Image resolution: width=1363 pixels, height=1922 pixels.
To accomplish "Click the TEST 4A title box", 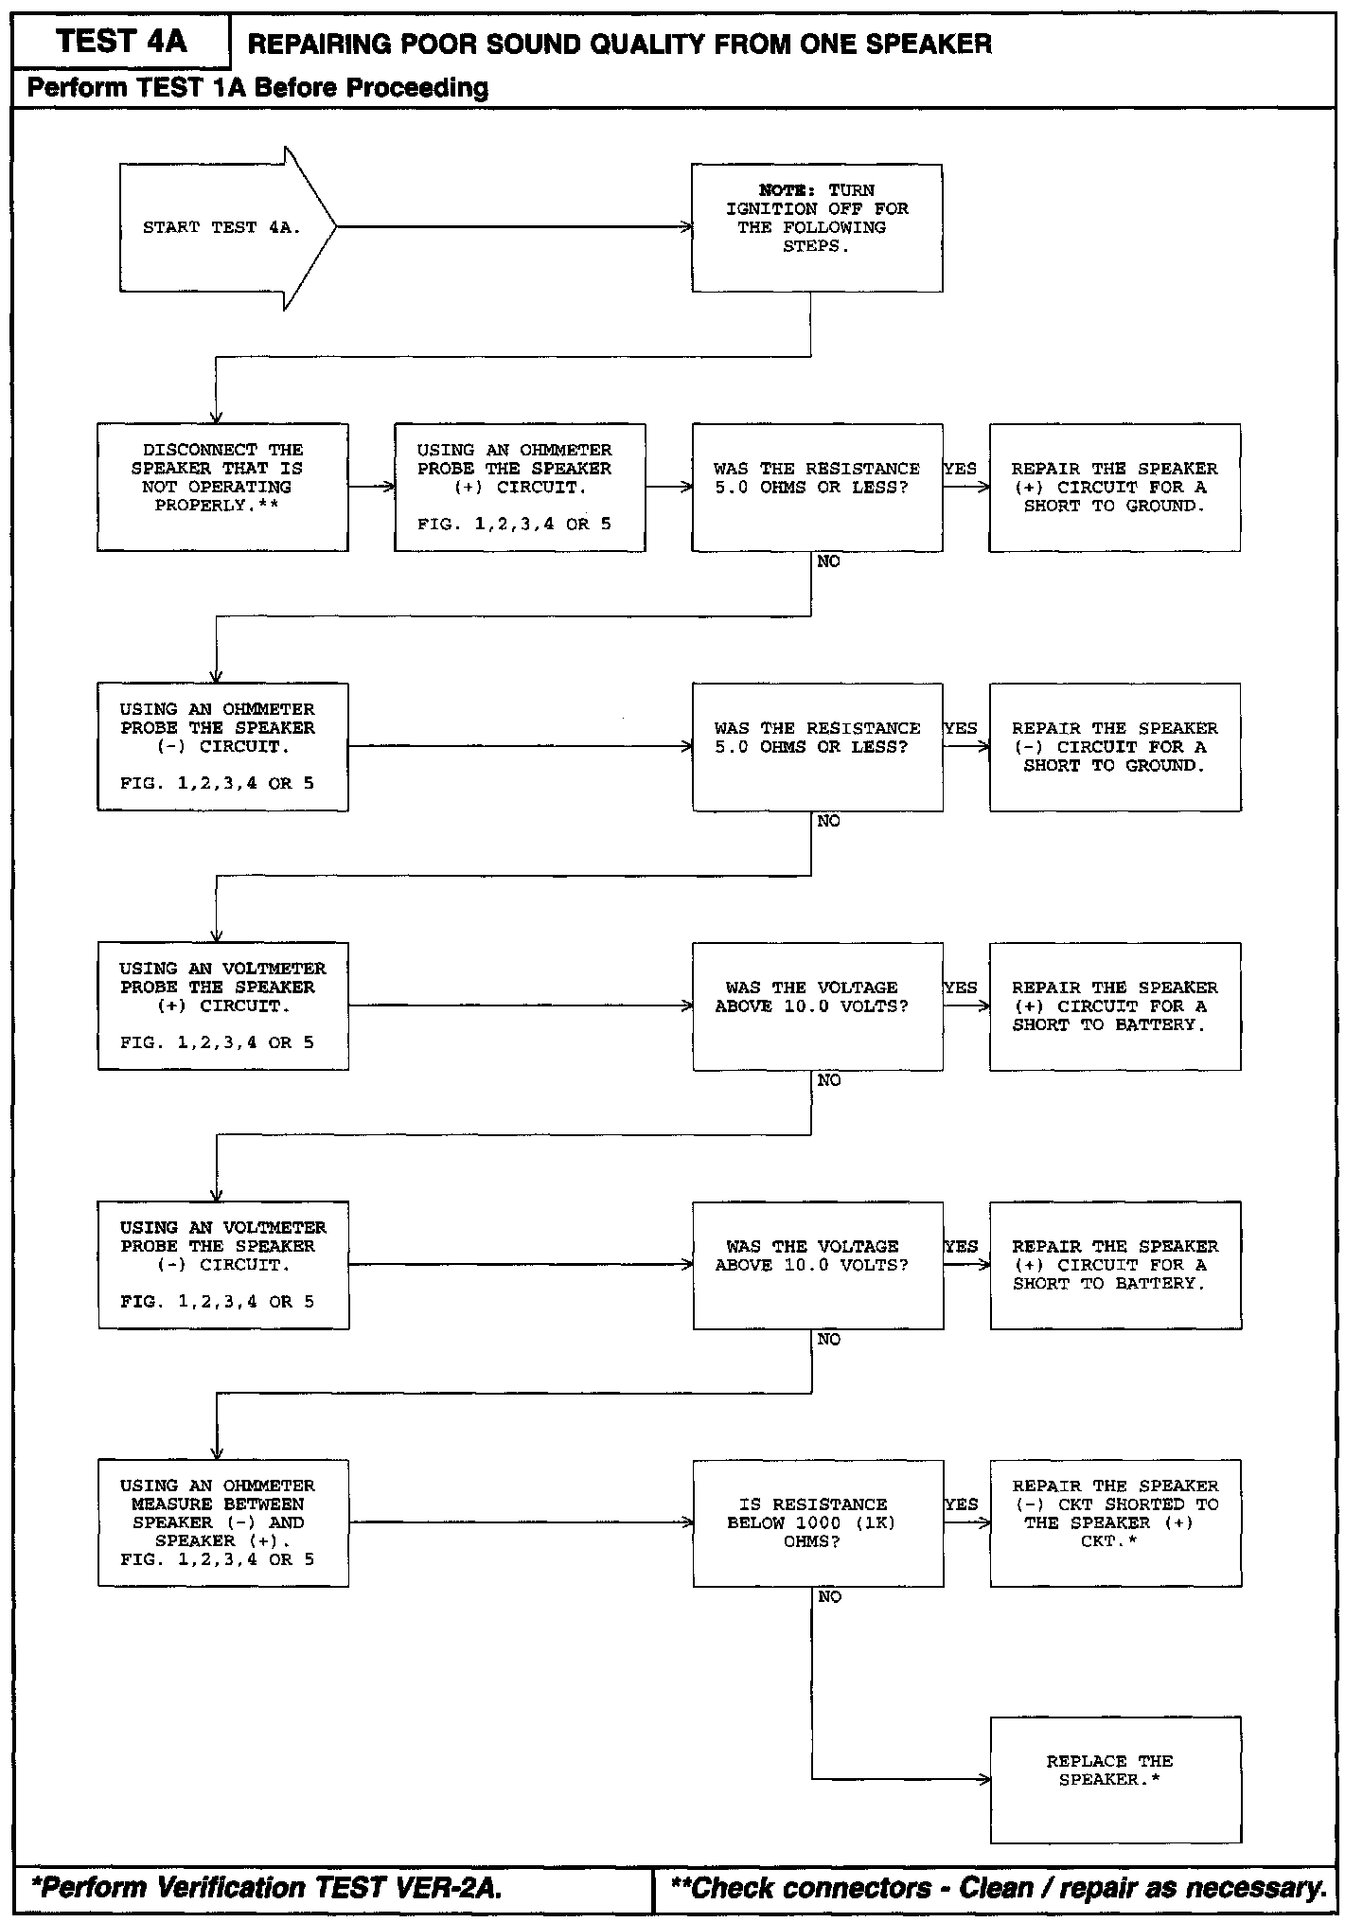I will [121, 42].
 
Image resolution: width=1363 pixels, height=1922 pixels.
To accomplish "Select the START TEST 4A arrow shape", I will [222, 228].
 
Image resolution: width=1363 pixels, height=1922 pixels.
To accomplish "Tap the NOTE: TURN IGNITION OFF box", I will [817, 228].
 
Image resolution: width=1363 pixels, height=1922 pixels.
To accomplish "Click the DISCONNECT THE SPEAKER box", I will [222, 487].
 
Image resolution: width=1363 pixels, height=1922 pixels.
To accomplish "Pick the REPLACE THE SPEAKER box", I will [1115, 1779].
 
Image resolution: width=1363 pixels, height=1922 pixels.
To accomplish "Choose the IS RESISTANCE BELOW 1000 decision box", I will [818, 1522].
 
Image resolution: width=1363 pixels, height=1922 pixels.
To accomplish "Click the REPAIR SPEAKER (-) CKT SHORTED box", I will [1115, 1522].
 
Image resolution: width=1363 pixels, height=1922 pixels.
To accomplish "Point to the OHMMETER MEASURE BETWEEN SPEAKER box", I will [223, 1522].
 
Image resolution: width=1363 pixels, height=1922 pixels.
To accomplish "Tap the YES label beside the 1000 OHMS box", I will [961, 1504].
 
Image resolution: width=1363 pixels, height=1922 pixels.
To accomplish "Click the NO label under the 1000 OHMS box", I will [829, 1597].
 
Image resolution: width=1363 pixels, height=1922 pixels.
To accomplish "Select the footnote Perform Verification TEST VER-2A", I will [266, 1889].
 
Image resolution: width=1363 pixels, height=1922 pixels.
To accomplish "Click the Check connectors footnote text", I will [998, 1889].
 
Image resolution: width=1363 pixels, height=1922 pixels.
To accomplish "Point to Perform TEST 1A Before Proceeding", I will [257, 88].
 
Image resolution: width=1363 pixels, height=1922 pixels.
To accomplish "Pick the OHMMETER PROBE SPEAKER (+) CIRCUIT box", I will [520, 487].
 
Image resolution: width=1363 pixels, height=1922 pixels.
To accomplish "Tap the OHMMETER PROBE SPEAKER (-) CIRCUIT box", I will [222, 746].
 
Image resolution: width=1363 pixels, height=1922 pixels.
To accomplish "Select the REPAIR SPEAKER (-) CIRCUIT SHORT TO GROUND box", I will [1115, 746].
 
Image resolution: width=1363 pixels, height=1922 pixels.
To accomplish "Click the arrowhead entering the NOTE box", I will [687, 227].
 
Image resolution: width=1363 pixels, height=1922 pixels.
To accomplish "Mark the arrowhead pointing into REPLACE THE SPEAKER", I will [985, 1780].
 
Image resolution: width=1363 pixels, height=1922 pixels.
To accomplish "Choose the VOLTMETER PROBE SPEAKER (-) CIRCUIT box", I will [223, 1265].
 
